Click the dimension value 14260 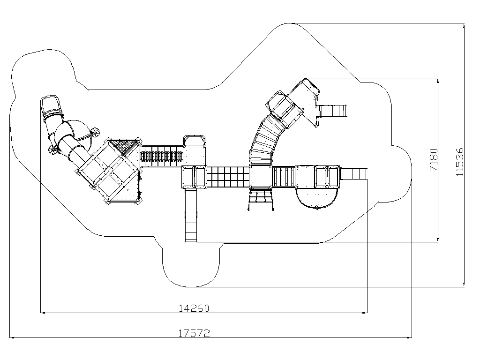[x=194, y=308]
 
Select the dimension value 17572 [x=194, y=333]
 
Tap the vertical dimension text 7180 [x=434, y=160]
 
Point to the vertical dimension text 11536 [x=460, y=162]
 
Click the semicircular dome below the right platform [x=317, y=198]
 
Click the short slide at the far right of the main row [x=353, y=174]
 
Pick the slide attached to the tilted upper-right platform [x=332, y=111]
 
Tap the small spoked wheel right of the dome [x=95, y=132]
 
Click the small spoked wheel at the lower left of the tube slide [x=53, y=150]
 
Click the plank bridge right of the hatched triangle [x=162, y=156]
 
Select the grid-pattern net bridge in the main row [x=228, y=177]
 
